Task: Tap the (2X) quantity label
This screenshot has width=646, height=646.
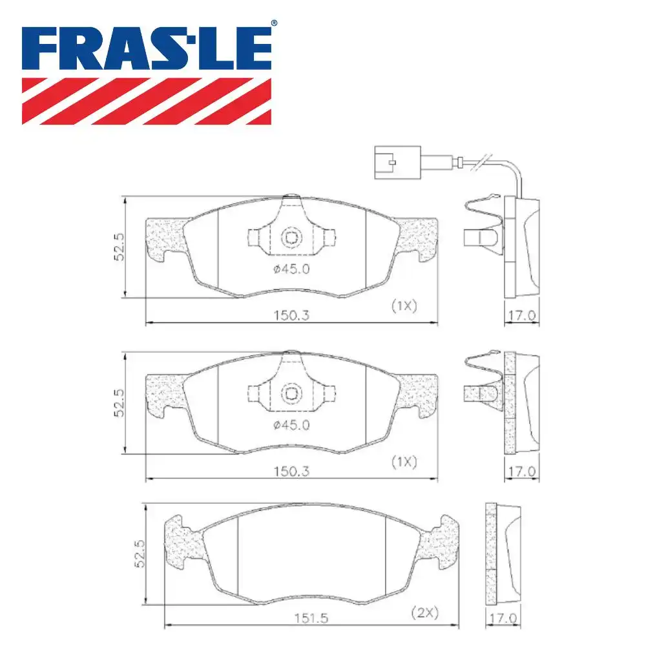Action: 424,613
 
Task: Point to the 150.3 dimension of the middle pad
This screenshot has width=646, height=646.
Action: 292,472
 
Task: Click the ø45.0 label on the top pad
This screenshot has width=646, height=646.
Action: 292,269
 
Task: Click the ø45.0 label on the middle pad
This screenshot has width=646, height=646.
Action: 292,424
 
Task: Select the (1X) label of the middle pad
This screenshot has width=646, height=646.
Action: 404,462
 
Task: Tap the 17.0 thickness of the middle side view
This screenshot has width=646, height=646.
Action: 522,472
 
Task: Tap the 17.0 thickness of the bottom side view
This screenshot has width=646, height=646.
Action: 503,618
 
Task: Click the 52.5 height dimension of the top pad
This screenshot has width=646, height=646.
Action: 118,247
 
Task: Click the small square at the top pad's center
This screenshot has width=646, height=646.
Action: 292,237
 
